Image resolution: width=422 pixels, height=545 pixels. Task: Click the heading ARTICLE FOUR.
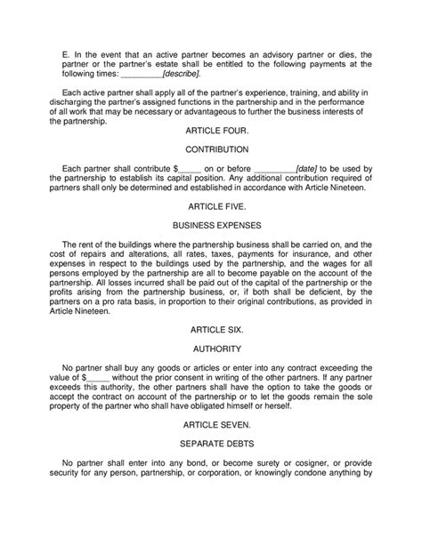click(x=211, y=130)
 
